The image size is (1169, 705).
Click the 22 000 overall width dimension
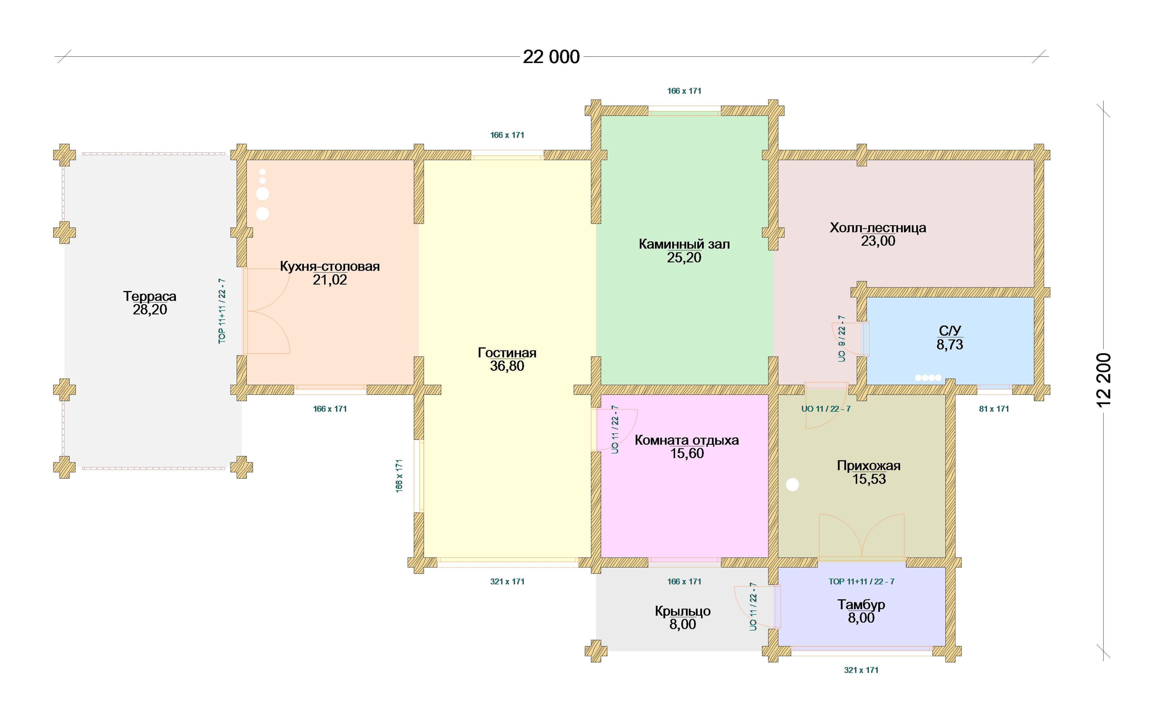(551, 57)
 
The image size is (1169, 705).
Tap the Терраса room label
(150, 296)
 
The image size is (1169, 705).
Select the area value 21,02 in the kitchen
(330, 280)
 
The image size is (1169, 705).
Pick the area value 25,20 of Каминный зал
(684, 258)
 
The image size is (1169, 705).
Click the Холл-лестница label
(878, 228)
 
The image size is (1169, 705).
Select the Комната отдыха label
(686, 440)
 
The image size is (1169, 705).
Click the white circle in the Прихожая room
(792, 484)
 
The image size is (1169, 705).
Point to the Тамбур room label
(861, 605)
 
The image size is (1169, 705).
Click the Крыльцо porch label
(683, 611)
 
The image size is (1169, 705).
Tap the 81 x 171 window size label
(994, 409)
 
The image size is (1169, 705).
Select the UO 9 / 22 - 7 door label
(842, 339)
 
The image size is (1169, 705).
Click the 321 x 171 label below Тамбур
(861, 670)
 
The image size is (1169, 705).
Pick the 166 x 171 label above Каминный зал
(684, 91)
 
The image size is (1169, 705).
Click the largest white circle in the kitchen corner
(262, 194)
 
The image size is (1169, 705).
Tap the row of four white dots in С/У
(928, 378)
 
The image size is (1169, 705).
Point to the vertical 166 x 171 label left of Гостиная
(399, 476)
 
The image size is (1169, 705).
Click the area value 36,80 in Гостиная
(507, 366)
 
